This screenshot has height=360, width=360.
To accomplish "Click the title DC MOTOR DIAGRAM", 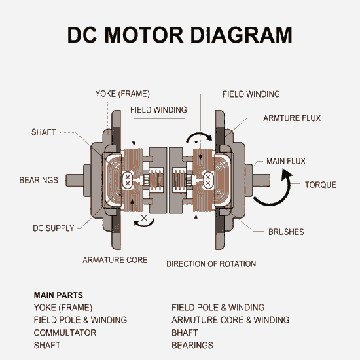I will point(180,34).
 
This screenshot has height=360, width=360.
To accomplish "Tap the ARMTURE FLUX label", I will point(292,118).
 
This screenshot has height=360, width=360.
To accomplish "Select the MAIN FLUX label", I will point(286,161).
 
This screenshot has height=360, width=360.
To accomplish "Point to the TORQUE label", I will point(320,185).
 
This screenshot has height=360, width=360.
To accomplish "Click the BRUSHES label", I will point(286,232).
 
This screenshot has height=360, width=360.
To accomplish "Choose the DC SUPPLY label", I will point(54,229).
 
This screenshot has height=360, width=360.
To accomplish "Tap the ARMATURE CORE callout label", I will point(115,260).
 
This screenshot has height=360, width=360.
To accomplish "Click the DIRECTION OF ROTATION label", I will point(211,264).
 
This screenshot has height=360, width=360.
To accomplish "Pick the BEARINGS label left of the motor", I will point(39,180).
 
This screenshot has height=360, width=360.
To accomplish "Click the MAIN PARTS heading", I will point(58,295).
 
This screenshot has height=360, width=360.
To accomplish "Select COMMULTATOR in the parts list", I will point(65,333).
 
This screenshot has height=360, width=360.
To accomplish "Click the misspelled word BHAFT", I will point(185,333).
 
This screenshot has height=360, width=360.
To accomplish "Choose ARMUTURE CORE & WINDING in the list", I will point(230,320).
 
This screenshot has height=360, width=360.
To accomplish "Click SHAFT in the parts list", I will point(47,345).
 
